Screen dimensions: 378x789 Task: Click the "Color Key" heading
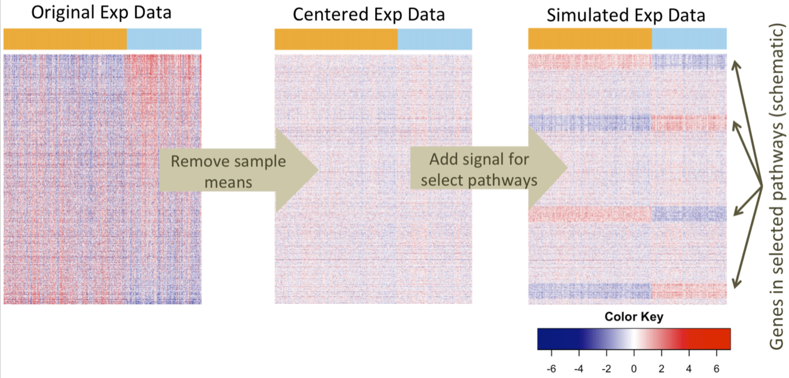[x=634, y=317]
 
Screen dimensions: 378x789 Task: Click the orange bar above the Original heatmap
[x=65, y=39]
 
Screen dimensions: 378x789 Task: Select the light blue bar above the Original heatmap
[x=164, y=39]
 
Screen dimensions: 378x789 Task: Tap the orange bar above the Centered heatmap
[x=336, y=39]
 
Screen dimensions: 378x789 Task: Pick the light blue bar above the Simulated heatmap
[x=689, y=39]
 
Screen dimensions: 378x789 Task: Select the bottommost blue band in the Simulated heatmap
[x=589, y=291]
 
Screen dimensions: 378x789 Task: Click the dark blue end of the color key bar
[x=546, y=339]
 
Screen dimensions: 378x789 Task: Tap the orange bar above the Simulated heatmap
[x=589, y=39]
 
